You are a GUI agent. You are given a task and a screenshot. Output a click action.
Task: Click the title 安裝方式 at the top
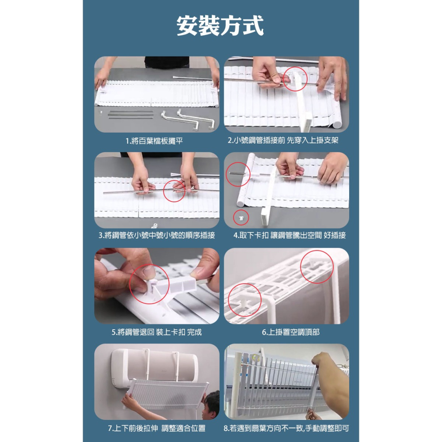(x=220, y=26)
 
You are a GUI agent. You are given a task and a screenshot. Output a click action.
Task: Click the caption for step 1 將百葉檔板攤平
(x=154, y=141)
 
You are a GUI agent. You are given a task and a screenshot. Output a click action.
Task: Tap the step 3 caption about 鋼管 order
(x=156, y=236)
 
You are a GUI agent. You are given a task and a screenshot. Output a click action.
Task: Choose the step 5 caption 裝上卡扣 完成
(x=156, y=332)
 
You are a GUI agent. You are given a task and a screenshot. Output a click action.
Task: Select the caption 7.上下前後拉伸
(x=156, y=428)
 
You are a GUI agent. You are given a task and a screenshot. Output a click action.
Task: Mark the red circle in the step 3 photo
(x=174, y=191)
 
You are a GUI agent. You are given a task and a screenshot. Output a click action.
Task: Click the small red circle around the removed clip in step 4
(x=241, y=217)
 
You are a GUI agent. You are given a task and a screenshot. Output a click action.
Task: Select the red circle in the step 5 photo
(x=149, y=284)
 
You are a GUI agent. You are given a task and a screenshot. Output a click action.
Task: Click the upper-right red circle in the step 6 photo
(x=316, y=267)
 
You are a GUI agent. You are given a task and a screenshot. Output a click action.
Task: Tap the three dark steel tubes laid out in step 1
(x=131, y=114)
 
